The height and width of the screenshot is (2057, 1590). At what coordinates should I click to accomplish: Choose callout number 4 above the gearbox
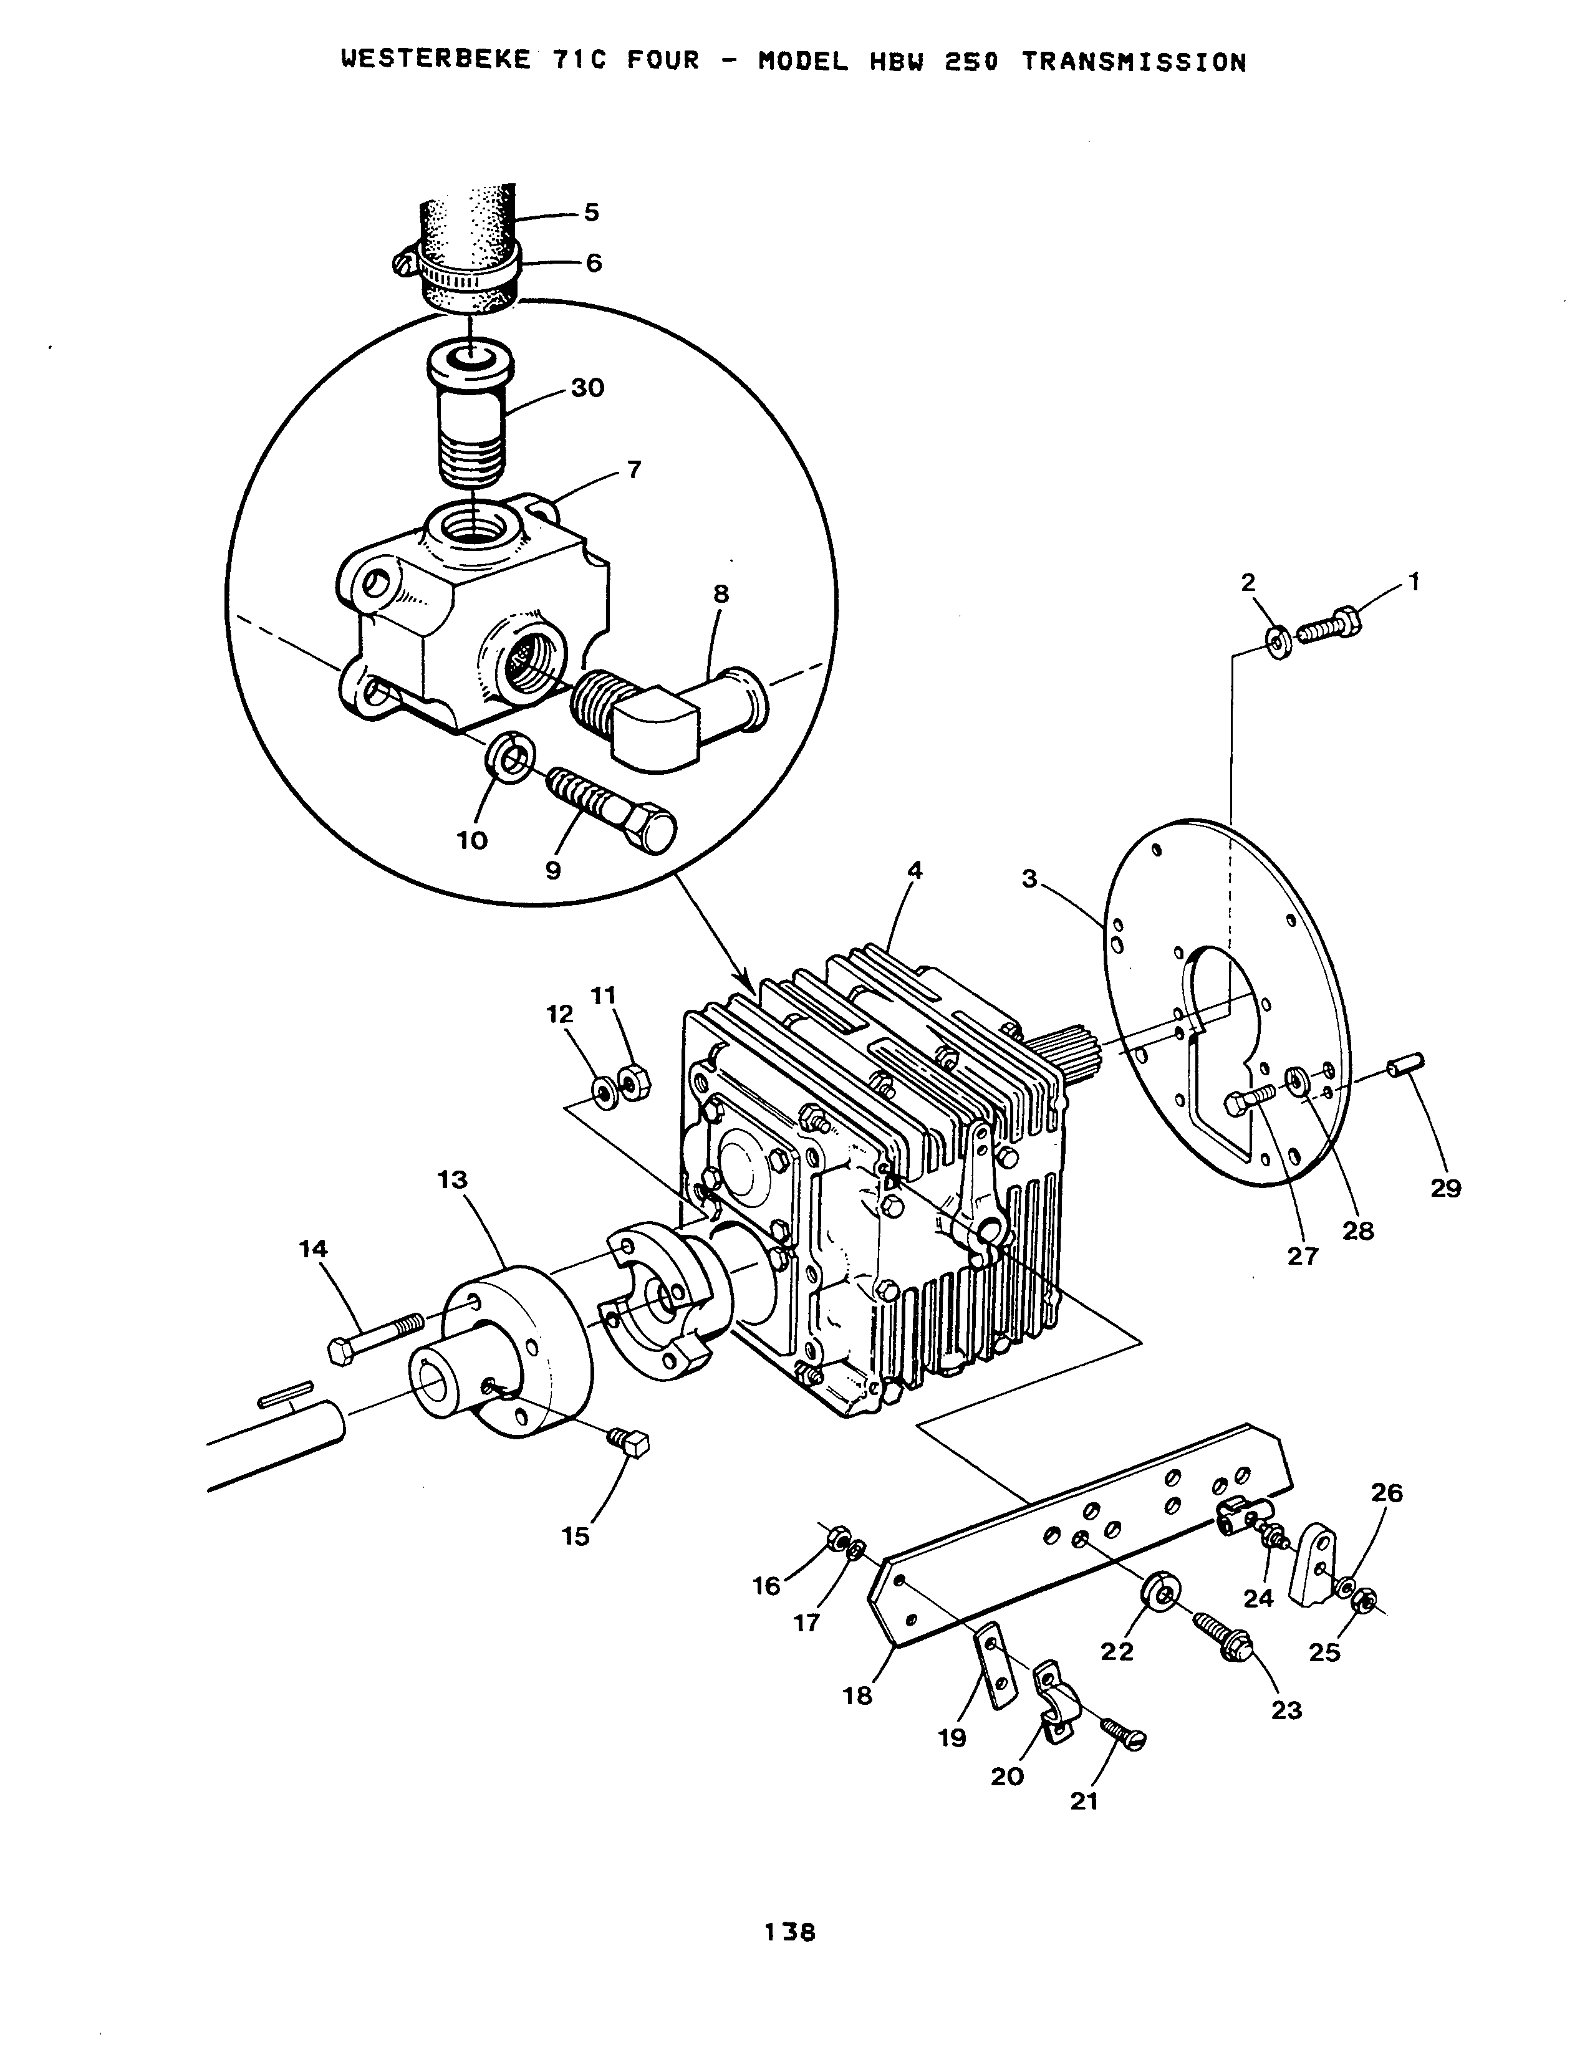(913, 871)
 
